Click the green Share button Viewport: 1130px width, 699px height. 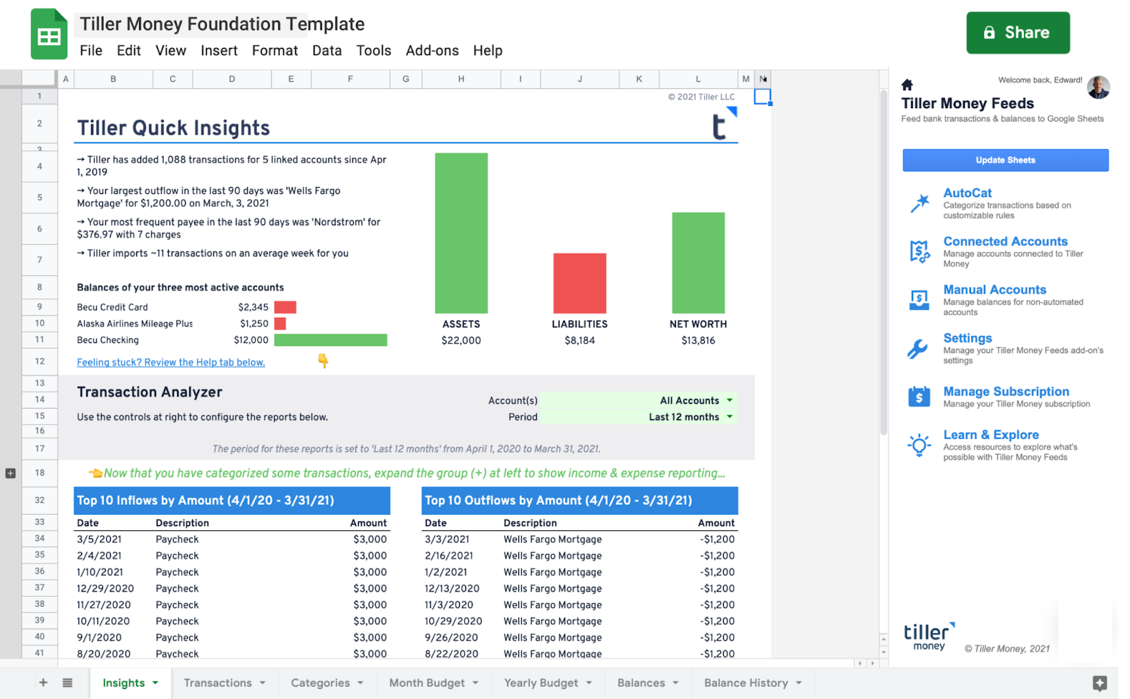1017,32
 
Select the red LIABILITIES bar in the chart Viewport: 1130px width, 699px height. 579,282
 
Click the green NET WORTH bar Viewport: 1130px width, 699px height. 698,262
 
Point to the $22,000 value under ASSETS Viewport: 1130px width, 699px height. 461,340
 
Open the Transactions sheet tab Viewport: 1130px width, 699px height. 218,683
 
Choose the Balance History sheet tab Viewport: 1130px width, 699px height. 746,683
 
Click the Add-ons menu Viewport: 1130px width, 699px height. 432,51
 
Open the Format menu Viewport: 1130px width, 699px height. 275,51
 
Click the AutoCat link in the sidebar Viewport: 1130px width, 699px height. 967,193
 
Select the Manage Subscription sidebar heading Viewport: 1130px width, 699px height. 1006,391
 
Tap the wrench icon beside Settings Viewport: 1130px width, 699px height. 918,349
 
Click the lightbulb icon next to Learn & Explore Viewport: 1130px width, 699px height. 919,445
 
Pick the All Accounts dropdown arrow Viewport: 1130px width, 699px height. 730,400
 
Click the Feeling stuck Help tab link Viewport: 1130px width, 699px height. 171,362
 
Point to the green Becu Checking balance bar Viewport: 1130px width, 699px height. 330,340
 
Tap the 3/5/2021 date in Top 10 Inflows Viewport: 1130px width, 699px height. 99,539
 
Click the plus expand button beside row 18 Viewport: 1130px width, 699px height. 11,473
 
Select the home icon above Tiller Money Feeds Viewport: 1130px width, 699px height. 908,85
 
